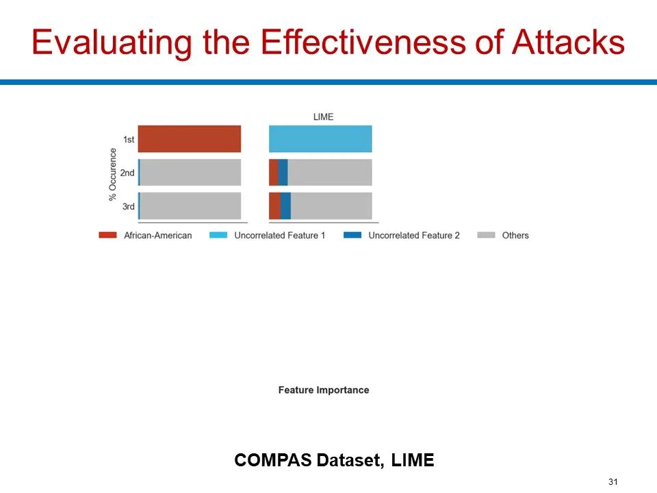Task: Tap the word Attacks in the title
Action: (568, 42)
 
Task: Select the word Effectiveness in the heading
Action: (363, 42)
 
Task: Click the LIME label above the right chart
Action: (323, 117)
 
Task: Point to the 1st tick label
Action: (129, 139)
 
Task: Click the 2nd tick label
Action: (127, 173)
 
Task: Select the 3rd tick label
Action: (128, 206)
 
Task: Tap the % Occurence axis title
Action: (112, 175)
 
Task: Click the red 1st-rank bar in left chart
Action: (190, 139)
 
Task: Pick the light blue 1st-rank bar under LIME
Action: (320, 139)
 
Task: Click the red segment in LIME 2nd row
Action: (274, 173)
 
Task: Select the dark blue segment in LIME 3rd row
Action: (286, 206)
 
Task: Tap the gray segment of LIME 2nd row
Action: (330, 173)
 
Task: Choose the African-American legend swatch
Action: (107, 235)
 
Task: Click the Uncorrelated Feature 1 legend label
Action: (279, 236)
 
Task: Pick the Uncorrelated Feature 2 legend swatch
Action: (352, 235)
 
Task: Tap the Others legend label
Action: (515, 236)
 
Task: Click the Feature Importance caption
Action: (324, 390)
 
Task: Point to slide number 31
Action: (613, 481)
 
